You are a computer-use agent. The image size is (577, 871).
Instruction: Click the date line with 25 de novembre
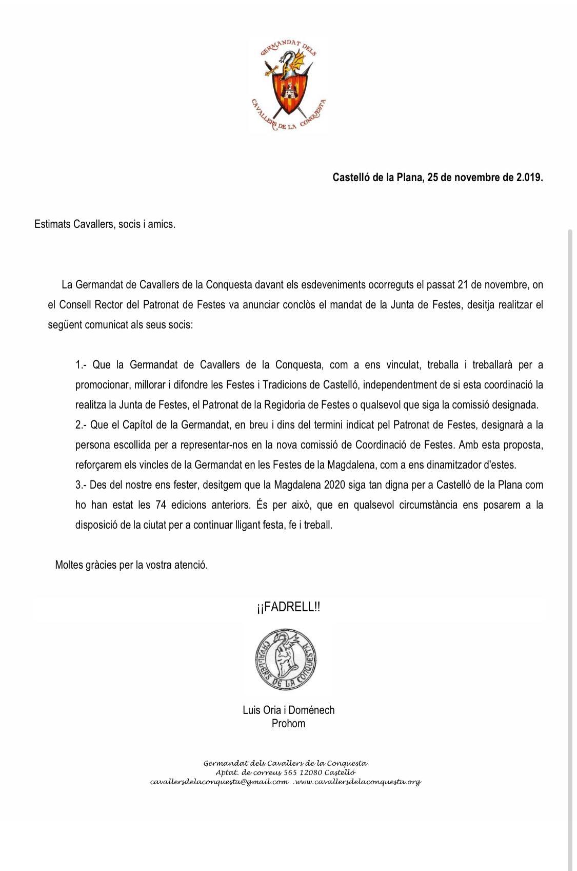437,178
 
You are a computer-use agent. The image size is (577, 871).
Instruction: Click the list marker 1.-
81,365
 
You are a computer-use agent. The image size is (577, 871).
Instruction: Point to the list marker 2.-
81,425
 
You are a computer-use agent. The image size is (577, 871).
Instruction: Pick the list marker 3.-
81,485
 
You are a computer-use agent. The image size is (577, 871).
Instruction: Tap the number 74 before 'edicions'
160,505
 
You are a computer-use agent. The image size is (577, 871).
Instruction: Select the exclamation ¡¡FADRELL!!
288,607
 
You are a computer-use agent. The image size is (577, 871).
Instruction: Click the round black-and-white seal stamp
286,660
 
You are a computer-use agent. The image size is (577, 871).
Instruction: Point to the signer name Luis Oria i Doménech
288,710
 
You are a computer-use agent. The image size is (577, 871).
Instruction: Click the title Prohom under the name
288,724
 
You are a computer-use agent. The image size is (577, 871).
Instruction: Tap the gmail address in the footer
220,782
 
